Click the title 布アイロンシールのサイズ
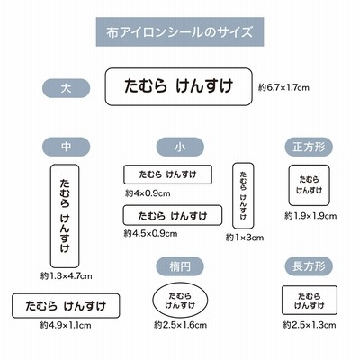(179, 31)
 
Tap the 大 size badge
(66, 88)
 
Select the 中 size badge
(66, 147)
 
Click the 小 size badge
(180, 147)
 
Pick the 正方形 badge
(309, 147)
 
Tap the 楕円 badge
(180, 266)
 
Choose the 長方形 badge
(309, 266)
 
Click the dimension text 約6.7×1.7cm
(283, 87)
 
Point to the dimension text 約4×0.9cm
(148, 193)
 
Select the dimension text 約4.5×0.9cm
(150, 233)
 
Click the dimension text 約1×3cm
(245, 238)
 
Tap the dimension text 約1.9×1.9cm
(310, 216)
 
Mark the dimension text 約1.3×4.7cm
(66, 275)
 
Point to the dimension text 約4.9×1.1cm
(66, 325)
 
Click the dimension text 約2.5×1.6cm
(180, 325)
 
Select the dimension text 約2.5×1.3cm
(310, 325)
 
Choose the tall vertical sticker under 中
(50, 216)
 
